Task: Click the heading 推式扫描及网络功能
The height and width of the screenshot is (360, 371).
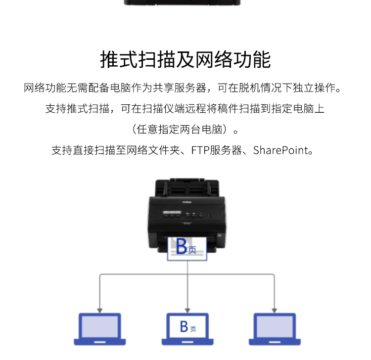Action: click(x=185, y=59)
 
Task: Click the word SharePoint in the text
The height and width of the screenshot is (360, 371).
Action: click(x=280, y=150)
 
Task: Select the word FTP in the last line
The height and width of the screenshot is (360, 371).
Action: click(x=200, y=150)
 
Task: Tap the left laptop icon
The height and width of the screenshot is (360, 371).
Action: click(x=99, y=329)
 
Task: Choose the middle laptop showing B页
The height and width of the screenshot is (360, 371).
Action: click(x=187, y=329)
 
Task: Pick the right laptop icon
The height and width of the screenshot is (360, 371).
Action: click(x=275, y=329)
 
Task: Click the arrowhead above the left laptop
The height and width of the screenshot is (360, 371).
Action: click(x=100, y=311)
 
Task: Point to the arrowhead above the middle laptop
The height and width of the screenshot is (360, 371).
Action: click(x=187, y=311)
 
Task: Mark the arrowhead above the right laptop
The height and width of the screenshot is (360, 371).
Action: click(x=275, y=311)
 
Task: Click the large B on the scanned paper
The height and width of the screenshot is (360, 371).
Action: click(x=181, y=246)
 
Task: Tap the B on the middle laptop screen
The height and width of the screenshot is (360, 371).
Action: click(x=184, y=326)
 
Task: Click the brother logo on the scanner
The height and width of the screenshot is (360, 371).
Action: click(x=187, y=202)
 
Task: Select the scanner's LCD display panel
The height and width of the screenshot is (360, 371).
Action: click(x=172, y=213)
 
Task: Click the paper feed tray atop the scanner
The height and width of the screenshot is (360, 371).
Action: click(x=187, y=187)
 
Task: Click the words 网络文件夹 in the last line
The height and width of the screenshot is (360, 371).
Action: click(x=153, y=150)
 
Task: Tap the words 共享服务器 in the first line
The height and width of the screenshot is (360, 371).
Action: click(x=180, y=88)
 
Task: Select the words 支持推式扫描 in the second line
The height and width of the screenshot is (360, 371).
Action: click(x=77, y=109)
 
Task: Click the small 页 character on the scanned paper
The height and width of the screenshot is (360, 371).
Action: click(x=192, y=250)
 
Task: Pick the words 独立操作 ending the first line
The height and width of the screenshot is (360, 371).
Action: click(x=314, y=88)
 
